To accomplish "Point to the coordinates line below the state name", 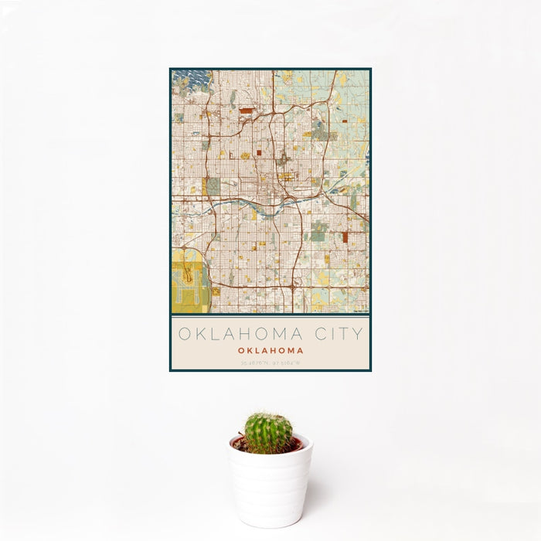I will coord(270,362).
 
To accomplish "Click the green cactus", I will coord(269,433).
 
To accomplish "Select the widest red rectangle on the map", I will coord(246,111).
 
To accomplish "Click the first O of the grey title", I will coord(184,334).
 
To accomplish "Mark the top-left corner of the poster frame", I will coord(170,69).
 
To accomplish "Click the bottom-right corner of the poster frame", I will coord(371,371).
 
